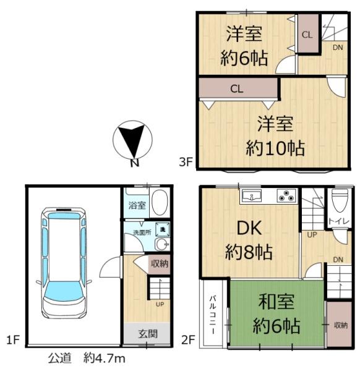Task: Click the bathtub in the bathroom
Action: point(158,202)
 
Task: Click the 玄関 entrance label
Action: point(147,334)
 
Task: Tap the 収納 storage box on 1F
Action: point(159,263)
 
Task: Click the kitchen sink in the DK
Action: point(252,197)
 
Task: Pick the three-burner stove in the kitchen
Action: point(286,197)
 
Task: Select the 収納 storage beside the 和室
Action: point(340,325)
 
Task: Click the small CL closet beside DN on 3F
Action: point(307,35)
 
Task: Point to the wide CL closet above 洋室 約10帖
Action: point(236,88)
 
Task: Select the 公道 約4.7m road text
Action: point(87,358)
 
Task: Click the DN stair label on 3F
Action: point(338,47)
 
